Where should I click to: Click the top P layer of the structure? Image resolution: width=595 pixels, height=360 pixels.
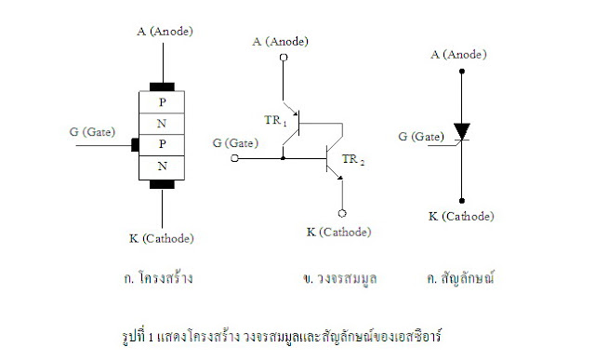tap(163, 101)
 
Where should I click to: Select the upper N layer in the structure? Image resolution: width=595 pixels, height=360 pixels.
tap(163, 123)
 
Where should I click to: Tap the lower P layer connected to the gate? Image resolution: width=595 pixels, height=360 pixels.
tap(163, 145)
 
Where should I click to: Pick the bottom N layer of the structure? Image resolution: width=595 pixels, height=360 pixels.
tap(163, 167)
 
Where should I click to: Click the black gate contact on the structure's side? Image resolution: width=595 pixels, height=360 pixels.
tap(135, 145)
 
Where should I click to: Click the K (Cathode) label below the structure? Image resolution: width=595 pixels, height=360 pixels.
tap(162, 239)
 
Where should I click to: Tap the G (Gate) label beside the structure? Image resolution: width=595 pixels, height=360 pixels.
tap(91, 131)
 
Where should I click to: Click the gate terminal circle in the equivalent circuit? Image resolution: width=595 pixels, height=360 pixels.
tap(235, 159)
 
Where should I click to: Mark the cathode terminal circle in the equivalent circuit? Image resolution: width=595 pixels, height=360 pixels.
tap(343, 211)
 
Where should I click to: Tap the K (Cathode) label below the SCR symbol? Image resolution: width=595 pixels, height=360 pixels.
tap(462, 216)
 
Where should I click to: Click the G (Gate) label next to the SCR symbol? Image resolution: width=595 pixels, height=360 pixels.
tap(423, 136)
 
